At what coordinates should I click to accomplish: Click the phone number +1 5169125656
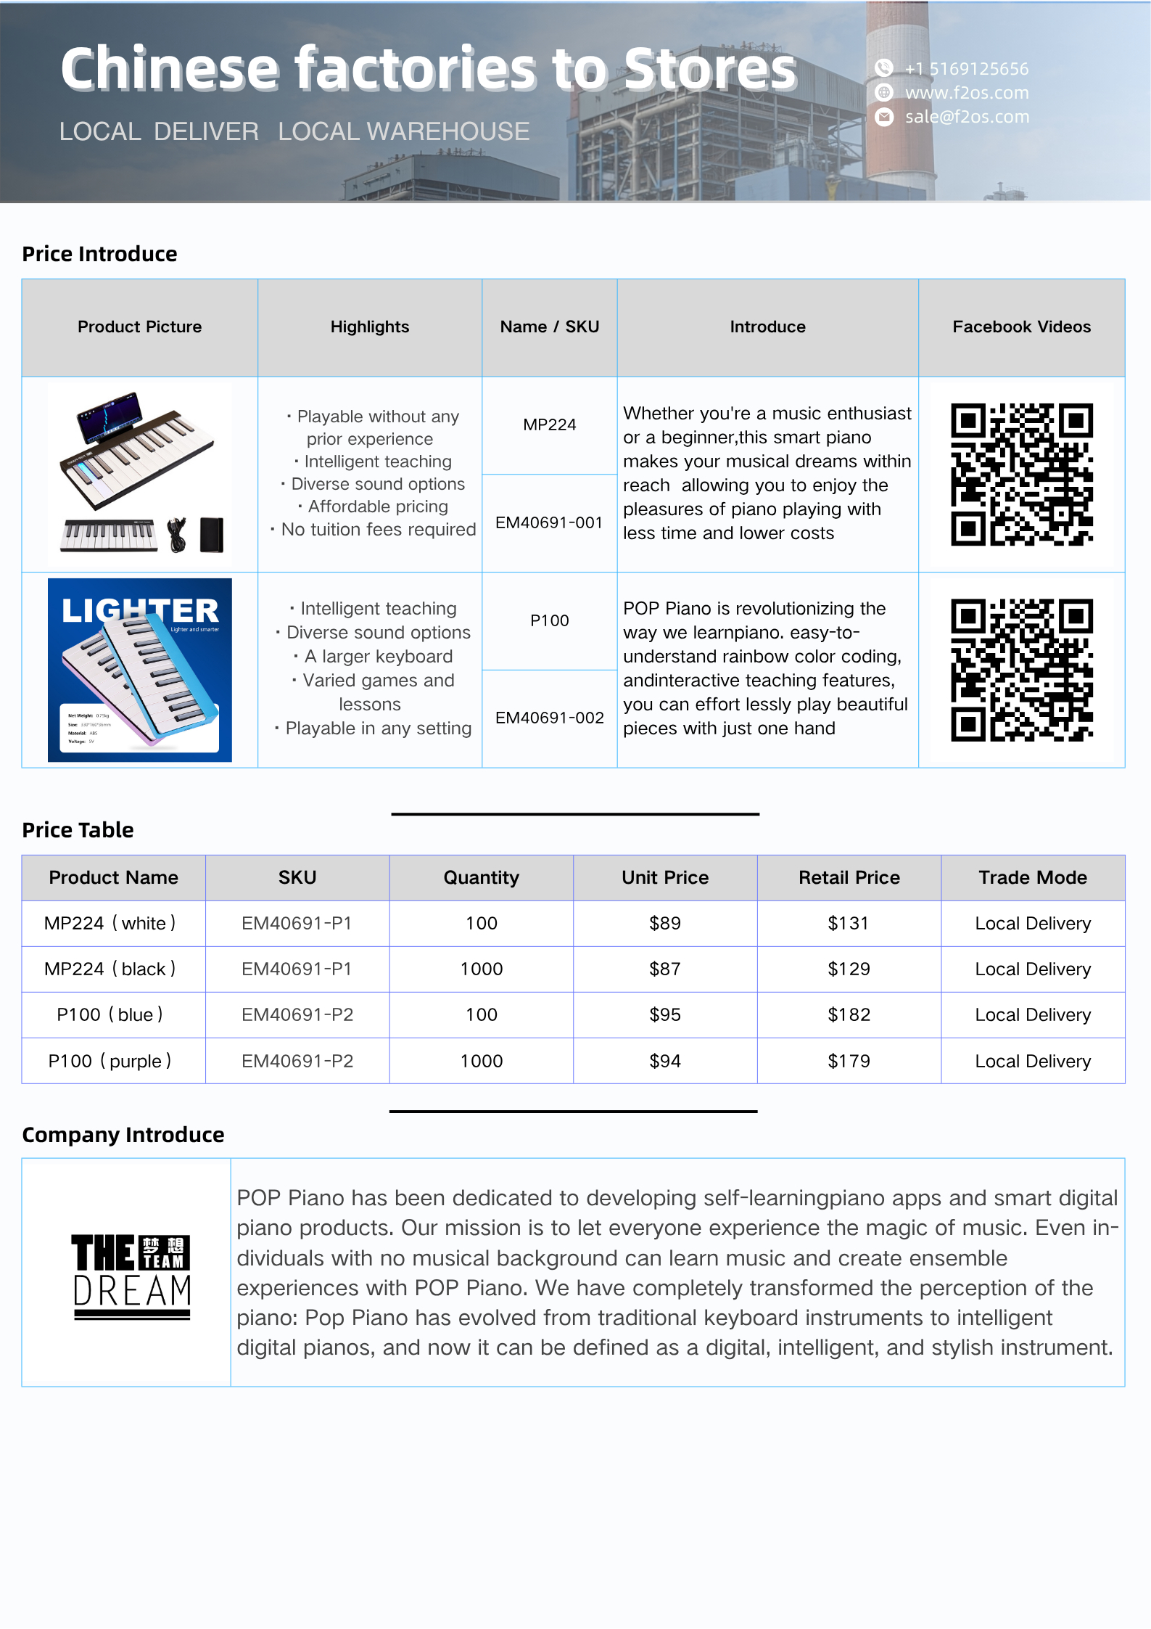(x=966, y=69)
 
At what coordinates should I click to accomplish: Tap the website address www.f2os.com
(x=966, y=93)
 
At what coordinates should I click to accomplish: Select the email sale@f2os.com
(x=966, y=117)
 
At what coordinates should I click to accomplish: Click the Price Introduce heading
(x=99, y=254)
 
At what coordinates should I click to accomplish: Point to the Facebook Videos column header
(x=1021, y=327)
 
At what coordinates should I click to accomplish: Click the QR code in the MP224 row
(x=1021, y=474)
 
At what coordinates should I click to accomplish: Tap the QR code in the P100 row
(x=1021, y=670)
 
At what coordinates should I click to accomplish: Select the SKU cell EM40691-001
(x=549, y=522)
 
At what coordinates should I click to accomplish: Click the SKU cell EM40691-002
(x=549, y=718)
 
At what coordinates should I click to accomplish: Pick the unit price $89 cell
(x=664, y=923)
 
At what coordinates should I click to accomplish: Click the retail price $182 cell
(x=849, y=1014)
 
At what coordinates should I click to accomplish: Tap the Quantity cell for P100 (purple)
(x=481, y=1061)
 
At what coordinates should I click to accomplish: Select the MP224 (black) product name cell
(x=110, y=969)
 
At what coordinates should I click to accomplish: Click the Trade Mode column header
(x=1033, y=877)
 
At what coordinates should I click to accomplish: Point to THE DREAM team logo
(x=131, y=1276)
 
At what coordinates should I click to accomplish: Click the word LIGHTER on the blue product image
(x=139, y=611)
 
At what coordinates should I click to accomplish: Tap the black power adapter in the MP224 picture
(x=212, y=535)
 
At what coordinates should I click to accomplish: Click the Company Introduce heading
(x=123, y=1135)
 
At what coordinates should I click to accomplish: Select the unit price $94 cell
(x=664, y=1061)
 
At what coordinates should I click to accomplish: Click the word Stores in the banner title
(x=710, y=69)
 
